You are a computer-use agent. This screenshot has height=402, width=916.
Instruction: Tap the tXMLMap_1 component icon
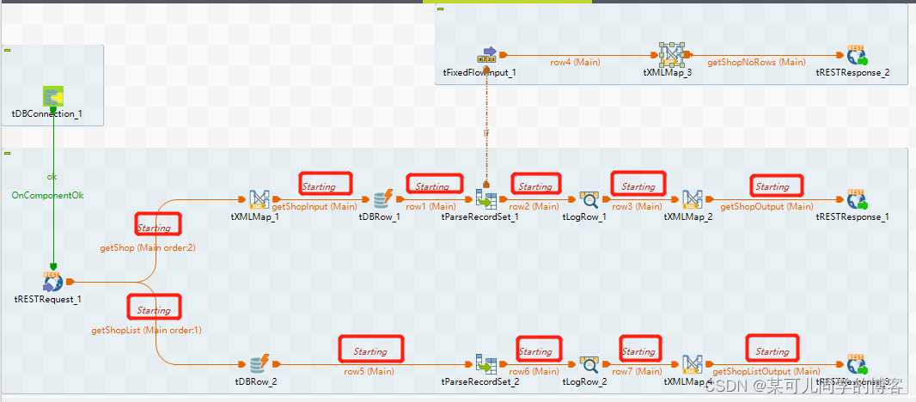point(260,200)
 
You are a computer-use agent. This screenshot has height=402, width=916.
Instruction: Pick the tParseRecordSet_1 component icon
point(486,200)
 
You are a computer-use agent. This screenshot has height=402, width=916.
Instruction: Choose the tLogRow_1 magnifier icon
point(589,200)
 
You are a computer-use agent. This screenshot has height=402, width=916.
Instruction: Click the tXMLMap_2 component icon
point(693,200)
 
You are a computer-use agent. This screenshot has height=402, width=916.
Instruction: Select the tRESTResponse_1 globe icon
point(857,200)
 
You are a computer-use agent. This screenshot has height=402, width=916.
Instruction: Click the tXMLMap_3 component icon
point(671,55)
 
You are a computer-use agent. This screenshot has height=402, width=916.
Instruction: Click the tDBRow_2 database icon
point(260,364)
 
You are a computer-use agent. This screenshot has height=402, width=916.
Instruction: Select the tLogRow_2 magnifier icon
point(589,364)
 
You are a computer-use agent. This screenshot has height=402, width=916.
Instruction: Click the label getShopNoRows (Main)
point(756,62)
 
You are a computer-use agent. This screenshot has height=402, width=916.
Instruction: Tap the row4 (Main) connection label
point(576,62)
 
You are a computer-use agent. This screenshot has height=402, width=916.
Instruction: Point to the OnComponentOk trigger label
point(47,195)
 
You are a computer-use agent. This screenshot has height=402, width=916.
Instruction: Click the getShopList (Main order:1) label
point(146,330)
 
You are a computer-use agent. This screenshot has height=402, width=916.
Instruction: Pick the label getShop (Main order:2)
point(148,247)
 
